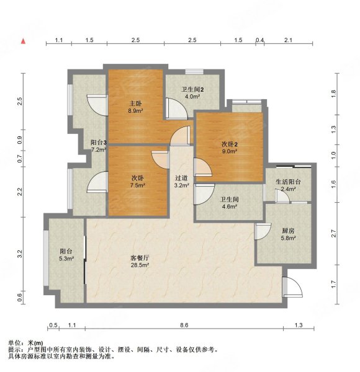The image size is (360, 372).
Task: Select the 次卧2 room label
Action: (230, 144)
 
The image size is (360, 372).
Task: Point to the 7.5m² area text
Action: (137, 185)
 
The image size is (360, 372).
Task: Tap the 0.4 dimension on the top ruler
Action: (260, 40)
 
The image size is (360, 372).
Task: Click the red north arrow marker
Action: (23, 41)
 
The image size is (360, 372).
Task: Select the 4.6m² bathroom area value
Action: (229, 207)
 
